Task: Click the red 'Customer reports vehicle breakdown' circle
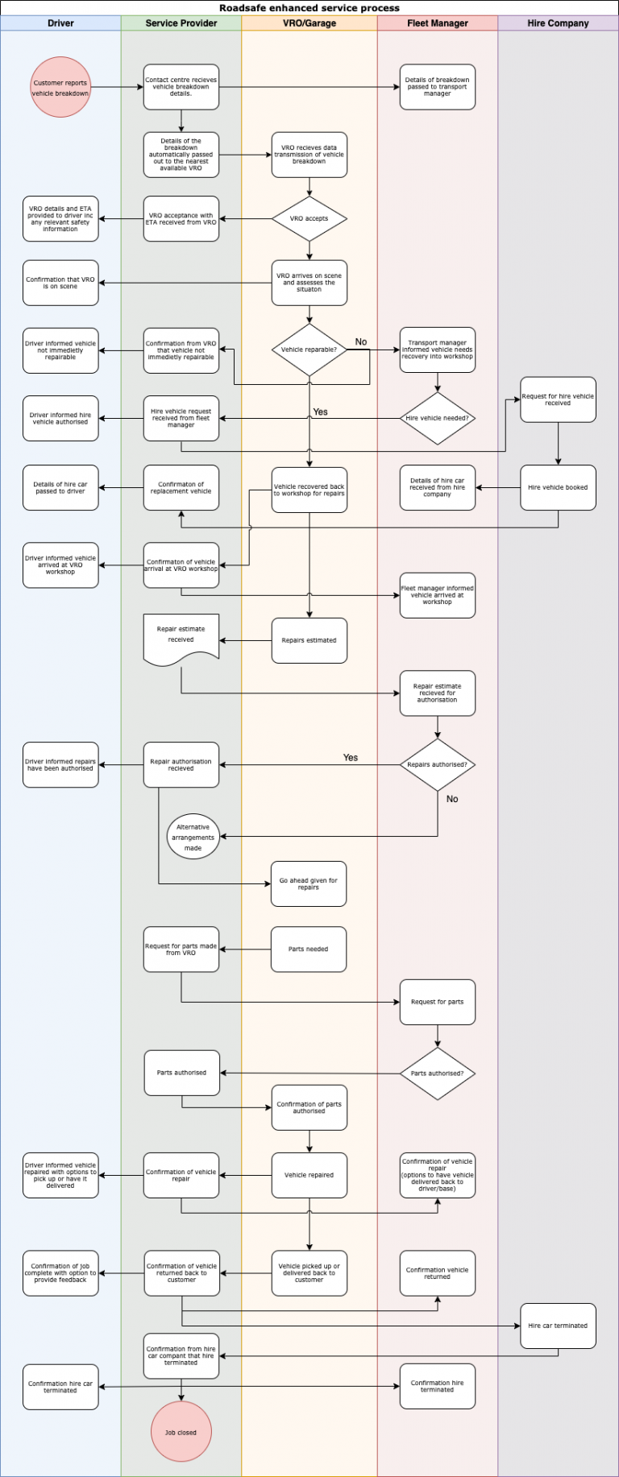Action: (x=60, y=87)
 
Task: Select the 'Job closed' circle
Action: (x=181, y=1432)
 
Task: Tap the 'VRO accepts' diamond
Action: (x=309, y=218)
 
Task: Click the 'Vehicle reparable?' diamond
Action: (x=309, y=350)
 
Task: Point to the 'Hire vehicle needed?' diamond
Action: (x=438, y=418)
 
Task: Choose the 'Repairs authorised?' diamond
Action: (x=438, y=764)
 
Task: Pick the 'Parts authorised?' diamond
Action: (x=438, y=1073)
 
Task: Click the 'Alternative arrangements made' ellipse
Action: (x=193, y=837)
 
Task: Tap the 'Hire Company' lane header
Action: (x=558, y=23)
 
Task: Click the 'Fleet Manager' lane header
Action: (x=438, y=23)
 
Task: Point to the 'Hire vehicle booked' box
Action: (x=558, y=487)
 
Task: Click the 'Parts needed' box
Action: (x=309, y=949)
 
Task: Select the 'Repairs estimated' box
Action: (x=309, y=640)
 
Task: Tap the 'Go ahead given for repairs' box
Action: (x=309, y=883)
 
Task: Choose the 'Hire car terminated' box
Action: (x=558, y=1326)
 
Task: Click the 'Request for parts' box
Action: (x=438, y=1002)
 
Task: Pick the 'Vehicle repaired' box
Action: (x=309, y=1175)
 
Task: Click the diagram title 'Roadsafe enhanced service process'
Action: (x=309, y=8)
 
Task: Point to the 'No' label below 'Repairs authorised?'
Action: (x=452, y=799)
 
